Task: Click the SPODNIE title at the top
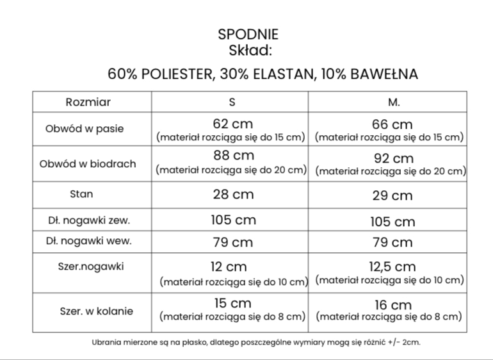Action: pyautogui.click(x=248, y=35)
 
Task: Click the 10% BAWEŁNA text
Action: pyautogui.click(x=369, y=74)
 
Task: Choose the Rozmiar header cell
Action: pyautogui.click(x=88, y=102)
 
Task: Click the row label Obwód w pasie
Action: pyautogui.click(x=85, y=129)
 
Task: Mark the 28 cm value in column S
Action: pyautogui.click(x=233, y=194)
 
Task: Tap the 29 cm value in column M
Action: pyautogui.click(x=392, y=195)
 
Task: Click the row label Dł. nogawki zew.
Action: pyautogui.click(x=88, y=220)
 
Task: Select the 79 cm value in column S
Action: pyautogui.click(x=232, y=243)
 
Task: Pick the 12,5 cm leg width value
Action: pyautogui.click(x=392, y=266)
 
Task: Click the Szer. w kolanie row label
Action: pyautogui.click(x=96, y=311)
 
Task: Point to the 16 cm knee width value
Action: pyautogui.click(x=392, y=304)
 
